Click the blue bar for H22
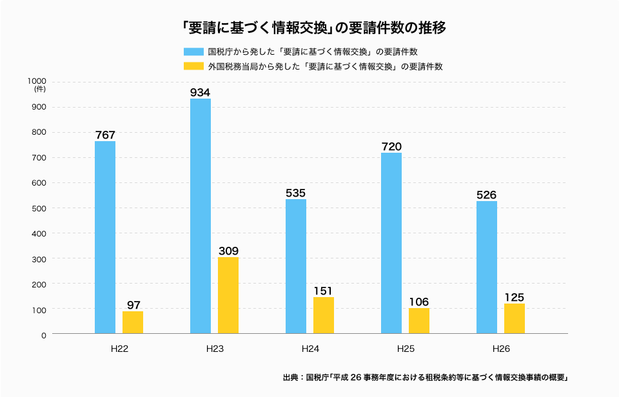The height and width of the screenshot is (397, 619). pyautogui.click(x=105, y=237)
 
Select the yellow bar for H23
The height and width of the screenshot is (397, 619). pyautogui.click(x=228, y=295)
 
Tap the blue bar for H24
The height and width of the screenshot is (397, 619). pyautogui.click(x=296, y=266)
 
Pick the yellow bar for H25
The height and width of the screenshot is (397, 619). pyautogui.click(x=419, y=321)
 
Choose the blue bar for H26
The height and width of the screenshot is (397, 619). pyautogui.click(x=487, y=267)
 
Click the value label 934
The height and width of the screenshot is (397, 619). pyautogui.click(x=201, y=92)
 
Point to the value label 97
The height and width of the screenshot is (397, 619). pyautogui.click(x=133, y=305)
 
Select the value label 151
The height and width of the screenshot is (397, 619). pyautogui.click(x=324, y=291)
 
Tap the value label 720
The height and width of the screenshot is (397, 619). pyautogui.click(x=391, y=146)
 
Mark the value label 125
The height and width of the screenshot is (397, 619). pyautogui.click(x=515, y=297)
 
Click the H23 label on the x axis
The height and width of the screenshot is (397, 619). pyautogui.click(x=215, y=349)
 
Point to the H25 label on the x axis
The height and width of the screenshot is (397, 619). pyautogui.click(x=406, y=349)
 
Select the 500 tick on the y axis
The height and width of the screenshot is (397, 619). pyautogui.click(x=39, y=208)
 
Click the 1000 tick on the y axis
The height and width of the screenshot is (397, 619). pyautogui.click(x=37, y=81)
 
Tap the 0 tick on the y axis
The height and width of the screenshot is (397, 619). pyautogui.click(x=44, y=335)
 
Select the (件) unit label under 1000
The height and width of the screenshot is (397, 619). pyautogui.click(x=39, y=90)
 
